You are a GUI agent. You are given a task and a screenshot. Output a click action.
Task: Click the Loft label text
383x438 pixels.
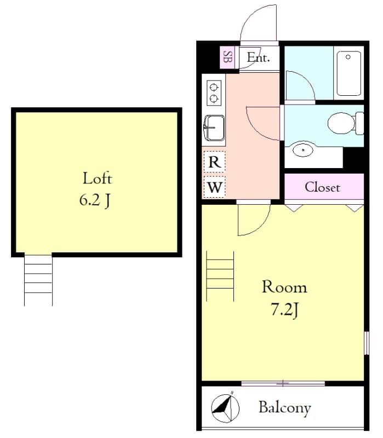pyautogui.click(x=98, y=178)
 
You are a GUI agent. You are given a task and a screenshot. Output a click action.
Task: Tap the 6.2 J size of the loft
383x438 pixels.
pyautogui.click(x=95, y=200)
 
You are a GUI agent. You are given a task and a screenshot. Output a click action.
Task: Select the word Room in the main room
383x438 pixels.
pyautogui.click(x=284, y=287)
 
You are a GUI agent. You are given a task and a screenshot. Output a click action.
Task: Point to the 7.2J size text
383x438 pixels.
pyautogui.click(x=284, y=310)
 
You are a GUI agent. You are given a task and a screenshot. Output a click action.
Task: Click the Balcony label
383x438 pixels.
pyautogui.click(x=284, y=408)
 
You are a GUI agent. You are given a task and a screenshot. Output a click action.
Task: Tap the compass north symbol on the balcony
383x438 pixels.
pyautogui.click(x=225, y=408)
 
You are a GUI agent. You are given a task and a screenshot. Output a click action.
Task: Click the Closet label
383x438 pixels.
pyautogui.click(x=322, y=187)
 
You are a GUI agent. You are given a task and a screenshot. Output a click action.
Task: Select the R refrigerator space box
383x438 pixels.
pyautogui.click(x=214, y=162)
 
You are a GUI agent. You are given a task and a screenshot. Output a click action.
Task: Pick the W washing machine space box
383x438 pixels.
pyautogui.click(x=214, y=187)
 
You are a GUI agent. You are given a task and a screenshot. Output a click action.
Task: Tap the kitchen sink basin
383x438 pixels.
pyautogui.click(x=214, y=128)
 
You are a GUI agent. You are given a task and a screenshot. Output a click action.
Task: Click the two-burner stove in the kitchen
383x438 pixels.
pyautogui.click(x=214, y=93)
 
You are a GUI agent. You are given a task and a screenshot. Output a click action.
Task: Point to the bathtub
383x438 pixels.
pyautogui.click(x=348, y=73)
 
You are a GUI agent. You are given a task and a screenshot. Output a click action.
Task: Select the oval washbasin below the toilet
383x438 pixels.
pyautogui.click(x=303, y=150)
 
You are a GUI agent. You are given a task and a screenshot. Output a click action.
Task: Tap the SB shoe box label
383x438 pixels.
pyautogui.click(x=227, y=57)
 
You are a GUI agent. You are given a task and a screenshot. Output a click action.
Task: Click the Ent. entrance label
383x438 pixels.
pyautogui.click(x=259, y=57)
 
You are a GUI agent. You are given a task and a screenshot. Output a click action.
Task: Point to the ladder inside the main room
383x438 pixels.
pyautogui.click(x=220, y=276)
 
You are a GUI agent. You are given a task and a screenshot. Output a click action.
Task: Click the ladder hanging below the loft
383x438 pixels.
pyautogui.click(x=38, y=280)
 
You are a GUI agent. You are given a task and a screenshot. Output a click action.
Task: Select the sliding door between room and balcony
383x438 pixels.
pyautogui.click(x=283, y=384)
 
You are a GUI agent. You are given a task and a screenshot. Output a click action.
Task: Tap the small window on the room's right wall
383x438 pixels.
pyautogui.click(x=367, y=343)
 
